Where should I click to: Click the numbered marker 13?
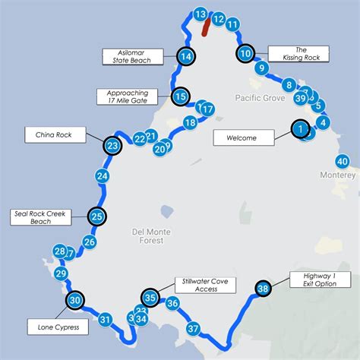(201, 14)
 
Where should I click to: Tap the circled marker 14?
(185, 55)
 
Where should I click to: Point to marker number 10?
(245, 54)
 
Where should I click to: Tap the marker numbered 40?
(343, 161)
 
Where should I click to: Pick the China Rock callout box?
(53, 135)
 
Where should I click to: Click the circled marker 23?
(112, 145)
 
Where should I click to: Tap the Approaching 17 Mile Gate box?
(127, 96)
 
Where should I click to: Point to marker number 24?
(103, 176)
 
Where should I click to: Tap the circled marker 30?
(74, 301)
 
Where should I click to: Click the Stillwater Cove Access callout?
(205, 285)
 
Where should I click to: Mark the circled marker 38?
(264, 289)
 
